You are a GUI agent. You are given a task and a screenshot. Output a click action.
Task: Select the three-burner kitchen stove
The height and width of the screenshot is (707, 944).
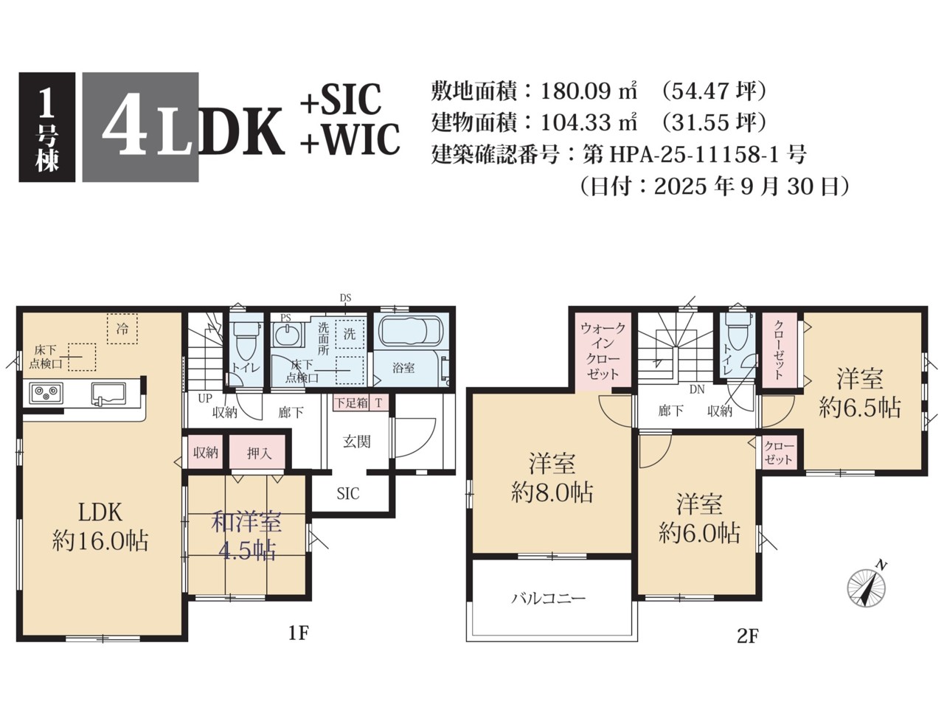pyautogui.click(x=46, y=392)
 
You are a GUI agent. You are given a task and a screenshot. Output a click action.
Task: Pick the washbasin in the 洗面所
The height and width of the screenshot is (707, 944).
pyautogui.click(x=287, y=335)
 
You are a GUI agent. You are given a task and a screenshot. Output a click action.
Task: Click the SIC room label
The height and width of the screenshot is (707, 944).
pyautogui.click(x=348, y=494)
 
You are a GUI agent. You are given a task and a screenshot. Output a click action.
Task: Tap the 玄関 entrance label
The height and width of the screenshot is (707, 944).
pyautogui.click(x=356, y=442)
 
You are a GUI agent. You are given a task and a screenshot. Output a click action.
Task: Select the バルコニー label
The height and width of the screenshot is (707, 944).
pyautogui.click(x=549, y=599)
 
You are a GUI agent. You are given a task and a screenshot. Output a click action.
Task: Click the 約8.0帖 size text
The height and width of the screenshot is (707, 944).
pyautogui.click(x=552, y=492)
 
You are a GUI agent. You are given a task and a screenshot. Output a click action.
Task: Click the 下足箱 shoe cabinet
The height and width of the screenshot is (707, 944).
pyautogui.click(x=351, y=403)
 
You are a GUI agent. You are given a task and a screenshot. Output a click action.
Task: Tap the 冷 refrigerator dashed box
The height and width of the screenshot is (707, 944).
pyautogui.click(x=122, y=329)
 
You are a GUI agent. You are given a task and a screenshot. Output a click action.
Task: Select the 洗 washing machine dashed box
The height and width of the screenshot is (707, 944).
pyautogui.click(x=350, y=334)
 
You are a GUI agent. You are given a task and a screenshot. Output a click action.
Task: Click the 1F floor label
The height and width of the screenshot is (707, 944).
pyautogui.click(x=299, y=633)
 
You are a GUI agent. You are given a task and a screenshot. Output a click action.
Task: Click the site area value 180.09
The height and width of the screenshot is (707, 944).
pyautogui.click(x=575, y=91)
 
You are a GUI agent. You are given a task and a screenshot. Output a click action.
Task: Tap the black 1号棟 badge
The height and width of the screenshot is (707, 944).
pyautogui.click(x=47, y=128)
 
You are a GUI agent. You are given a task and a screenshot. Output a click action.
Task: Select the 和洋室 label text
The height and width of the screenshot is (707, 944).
pyautogui.click(x=246, y=522)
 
